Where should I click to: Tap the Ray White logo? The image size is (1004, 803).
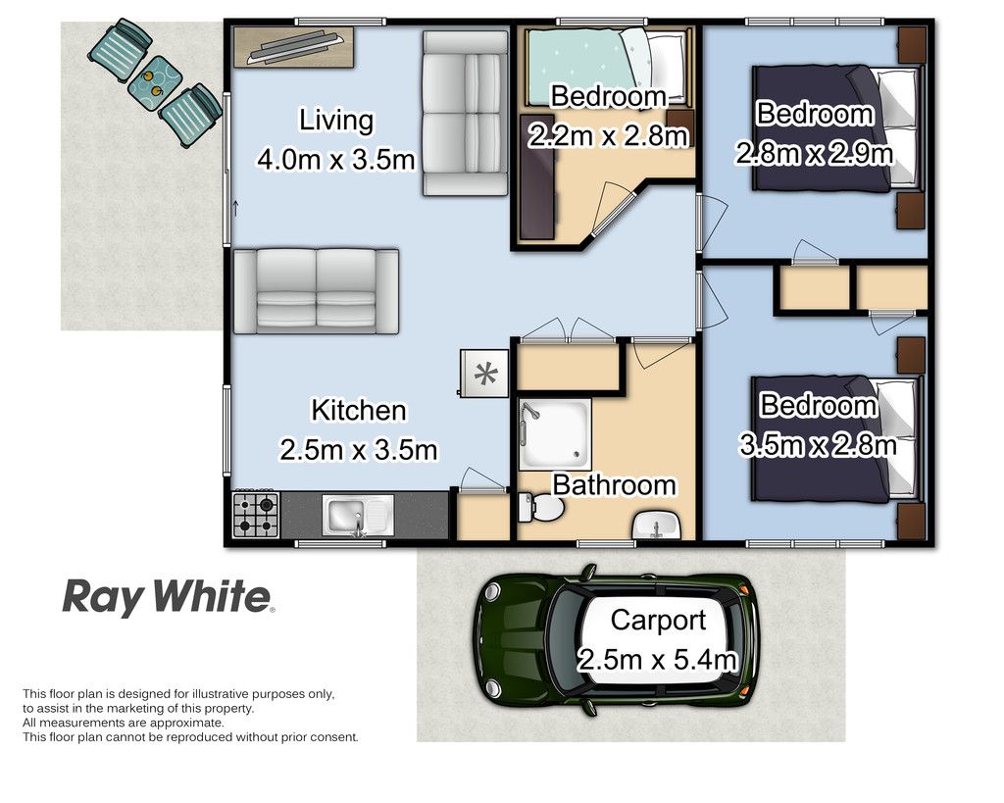[168, 596]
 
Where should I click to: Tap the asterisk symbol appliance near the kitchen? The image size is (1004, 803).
[484, 373]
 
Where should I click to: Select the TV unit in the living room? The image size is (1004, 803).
[293, 45]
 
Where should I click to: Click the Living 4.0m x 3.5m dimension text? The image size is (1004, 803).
[336, 139]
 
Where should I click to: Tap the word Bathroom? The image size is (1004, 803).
[614, 484]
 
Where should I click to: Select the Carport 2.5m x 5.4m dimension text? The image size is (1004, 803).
[657, 639]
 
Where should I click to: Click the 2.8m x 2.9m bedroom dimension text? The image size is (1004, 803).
[814, 133]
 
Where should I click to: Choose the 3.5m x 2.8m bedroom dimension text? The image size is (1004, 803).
[817, 425]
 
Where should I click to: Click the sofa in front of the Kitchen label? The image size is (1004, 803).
[316, 289]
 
